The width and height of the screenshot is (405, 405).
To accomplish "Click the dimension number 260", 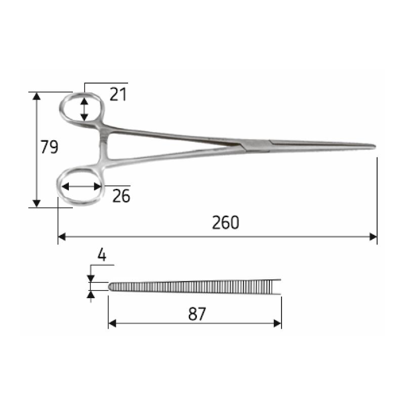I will click(x=225, y=223).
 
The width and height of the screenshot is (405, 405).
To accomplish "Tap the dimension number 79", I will click(x=50, y=147).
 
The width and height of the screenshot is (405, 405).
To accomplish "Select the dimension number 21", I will click(x=117, y=94).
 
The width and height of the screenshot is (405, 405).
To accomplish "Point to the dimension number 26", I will click(x=121, y=195).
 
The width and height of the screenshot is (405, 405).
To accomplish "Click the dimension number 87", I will click(x=197, y=314).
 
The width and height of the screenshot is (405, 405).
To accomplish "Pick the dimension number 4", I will click(x=102, y=255).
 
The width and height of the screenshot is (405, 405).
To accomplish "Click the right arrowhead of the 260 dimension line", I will click(x=374, y=236).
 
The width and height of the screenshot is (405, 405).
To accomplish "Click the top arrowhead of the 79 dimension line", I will click(x=36, y=96).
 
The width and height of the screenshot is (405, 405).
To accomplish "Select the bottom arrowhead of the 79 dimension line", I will click(x=36, y=204).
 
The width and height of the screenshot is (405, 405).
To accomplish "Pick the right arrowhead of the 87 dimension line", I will click(x=278, y=323).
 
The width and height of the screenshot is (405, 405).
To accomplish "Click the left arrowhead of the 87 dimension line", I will click(x=112, y=323).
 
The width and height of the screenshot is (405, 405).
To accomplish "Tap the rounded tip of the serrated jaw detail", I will click(x=111, y=287).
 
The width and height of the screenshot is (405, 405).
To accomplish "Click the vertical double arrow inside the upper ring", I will click(x=85, y=109).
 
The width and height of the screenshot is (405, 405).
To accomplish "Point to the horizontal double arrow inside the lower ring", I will click(x=81, y=186).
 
